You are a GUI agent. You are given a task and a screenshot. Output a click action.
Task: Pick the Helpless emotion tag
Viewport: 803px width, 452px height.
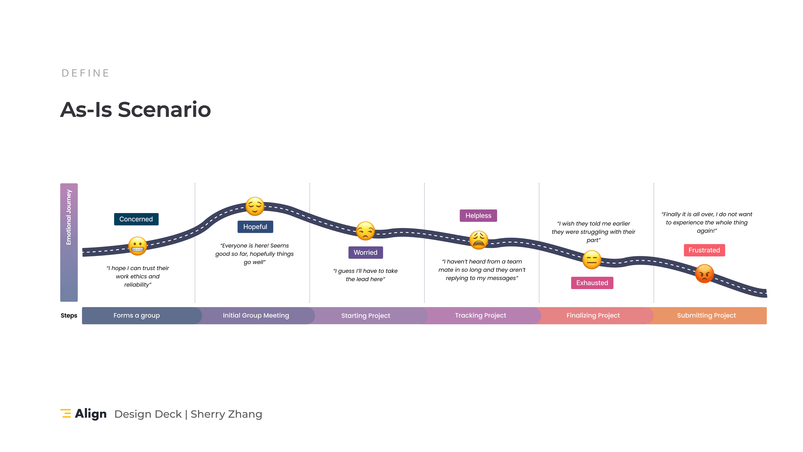[x=478, y=216]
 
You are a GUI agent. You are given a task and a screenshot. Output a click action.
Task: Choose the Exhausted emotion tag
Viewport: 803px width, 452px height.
[x=592, y=283]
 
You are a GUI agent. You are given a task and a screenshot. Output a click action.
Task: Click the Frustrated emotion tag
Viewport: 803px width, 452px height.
[x=704, y=250]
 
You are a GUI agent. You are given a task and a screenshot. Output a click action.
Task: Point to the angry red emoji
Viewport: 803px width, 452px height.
[x=704, y=274]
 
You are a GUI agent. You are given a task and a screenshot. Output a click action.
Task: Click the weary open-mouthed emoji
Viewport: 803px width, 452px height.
[x=478, y=240]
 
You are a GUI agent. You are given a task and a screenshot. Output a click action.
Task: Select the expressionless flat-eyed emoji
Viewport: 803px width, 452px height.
[x=592, y=259]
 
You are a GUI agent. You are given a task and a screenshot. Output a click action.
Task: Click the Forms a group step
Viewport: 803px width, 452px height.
[x=136, y=315]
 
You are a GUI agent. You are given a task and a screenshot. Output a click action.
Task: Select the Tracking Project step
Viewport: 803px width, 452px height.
[x=480, y=315]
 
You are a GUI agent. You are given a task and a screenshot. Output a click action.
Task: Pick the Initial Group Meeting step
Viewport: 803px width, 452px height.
[x=256, y=315]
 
